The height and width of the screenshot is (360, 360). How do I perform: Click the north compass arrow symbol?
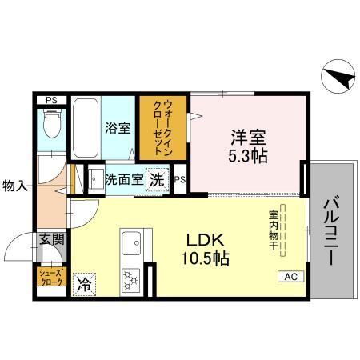[338, 78]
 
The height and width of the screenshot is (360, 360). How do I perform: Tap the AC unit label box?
[290, 276]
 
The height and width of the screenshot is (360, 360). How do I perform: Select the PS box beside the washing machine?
[181, 179]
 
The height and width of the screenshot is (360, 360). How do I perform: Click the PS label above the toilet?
[51, 99]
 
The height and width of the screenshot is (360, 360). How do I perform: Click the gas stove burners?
[130, 279]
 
